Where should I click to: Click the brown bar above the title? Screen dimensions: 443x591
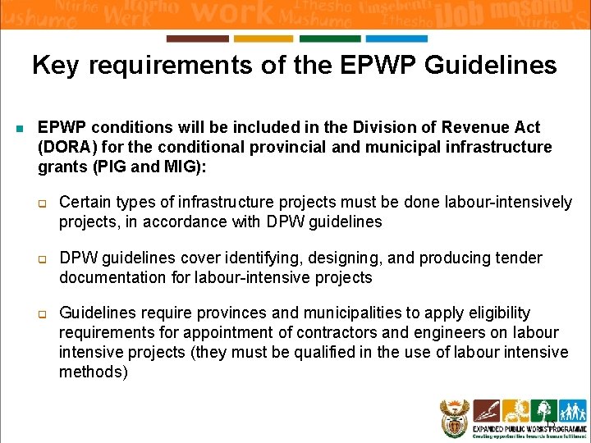coord(197,39)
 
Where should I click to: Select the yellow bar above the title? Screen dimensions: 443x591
coord(263,39)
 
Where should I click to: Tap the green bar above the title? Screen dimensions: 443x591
coord(330,39)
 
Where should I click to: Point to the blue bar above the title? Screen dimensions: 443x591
coord(396,39)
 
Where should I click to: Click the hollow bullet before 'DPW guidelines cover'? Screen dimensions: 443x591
coord(47,259)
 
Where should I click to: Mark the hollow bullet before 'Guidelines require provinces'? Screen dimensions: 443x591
coord(47,314)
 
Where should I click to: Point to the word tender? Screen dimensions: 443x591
coord(518,258)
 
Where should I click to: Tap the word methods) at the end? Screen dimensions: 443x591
coord(94,372)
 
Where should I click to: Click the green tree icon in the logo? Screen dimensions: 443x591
coord(543,410)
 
